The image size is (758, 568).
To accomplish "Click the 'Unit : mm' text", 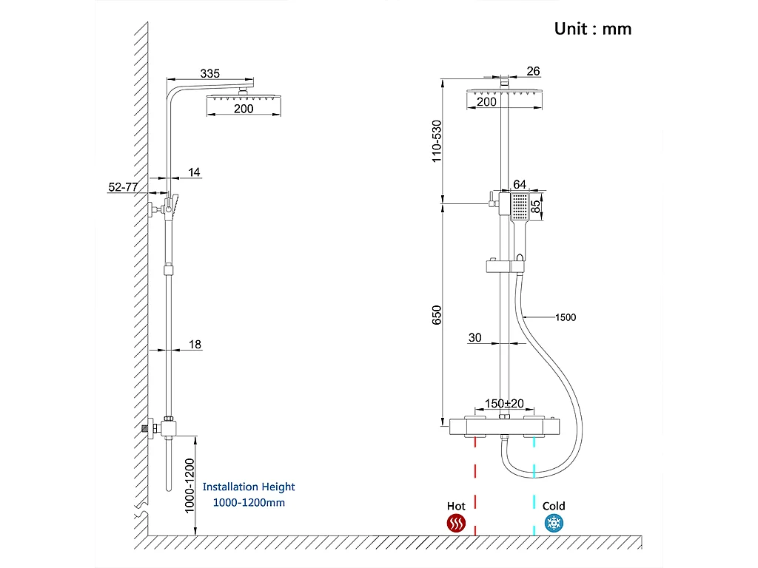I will [593, 29].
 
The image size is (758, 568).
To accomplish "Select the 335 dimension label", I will [210, 73].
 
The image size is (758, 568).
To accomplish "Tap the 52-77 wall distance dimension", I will [123, 187].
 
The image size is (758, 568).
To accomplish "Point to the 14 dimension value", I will [194, 172].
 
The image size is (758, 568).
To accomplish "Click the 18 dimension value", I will [195, 344].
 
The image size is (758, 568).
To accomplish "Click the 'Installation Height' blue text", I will [249, 487].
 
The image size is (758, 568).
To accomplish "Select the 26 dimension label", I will [533, 71].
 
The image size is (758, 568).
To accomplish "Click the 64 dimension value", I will [520, 184].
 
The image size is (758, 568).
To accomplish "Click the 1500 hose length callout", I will [566, 317].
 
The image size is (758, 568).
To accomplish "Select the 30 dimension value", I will [474, 337].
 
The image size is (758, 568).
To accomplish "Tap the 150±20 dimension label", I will [504, 403].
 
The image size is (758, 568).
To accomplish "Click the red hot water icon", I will [456, 524].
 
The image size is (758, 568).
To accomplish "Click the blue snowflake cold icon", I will [553, 524].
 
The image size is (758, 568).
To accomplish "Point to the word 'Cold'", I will [554, 506].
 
